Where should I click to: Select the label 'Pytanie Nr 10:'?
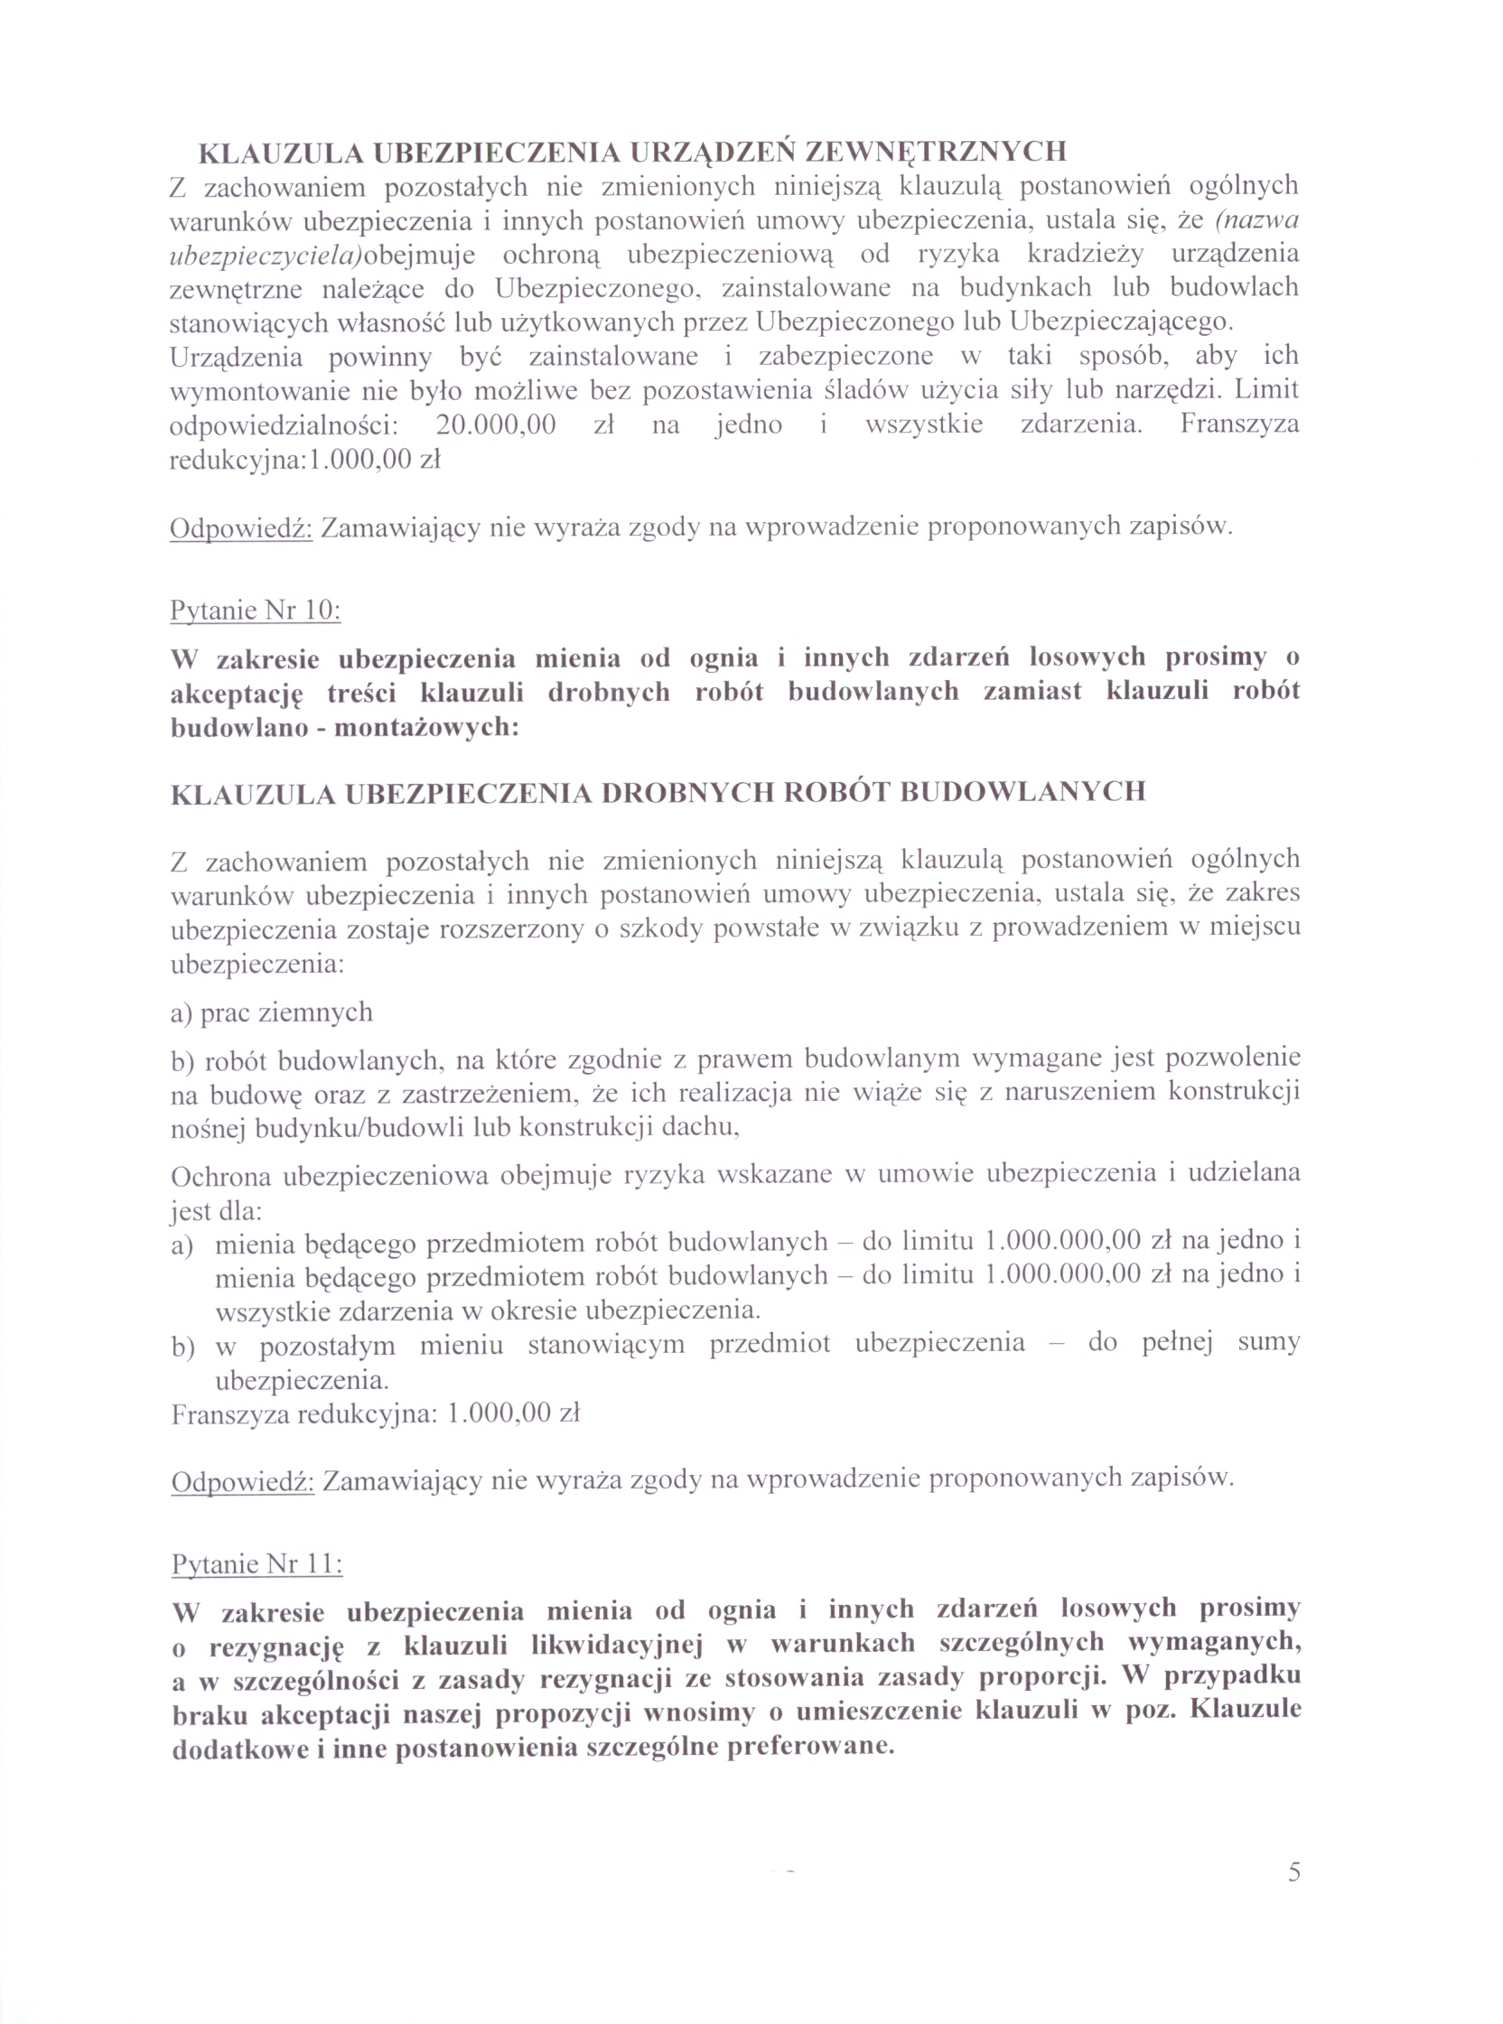(x=256, y=610)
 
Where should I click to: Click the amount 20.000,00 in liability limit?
(x=496, y=424)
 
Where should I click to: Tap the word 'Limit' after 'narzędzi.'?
(x=1267, y=390)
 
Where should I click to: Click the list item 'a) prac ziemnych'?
(x=271, y=1012)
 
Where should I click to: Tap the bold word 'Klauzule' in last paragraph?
(x=1245, y=1712)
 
